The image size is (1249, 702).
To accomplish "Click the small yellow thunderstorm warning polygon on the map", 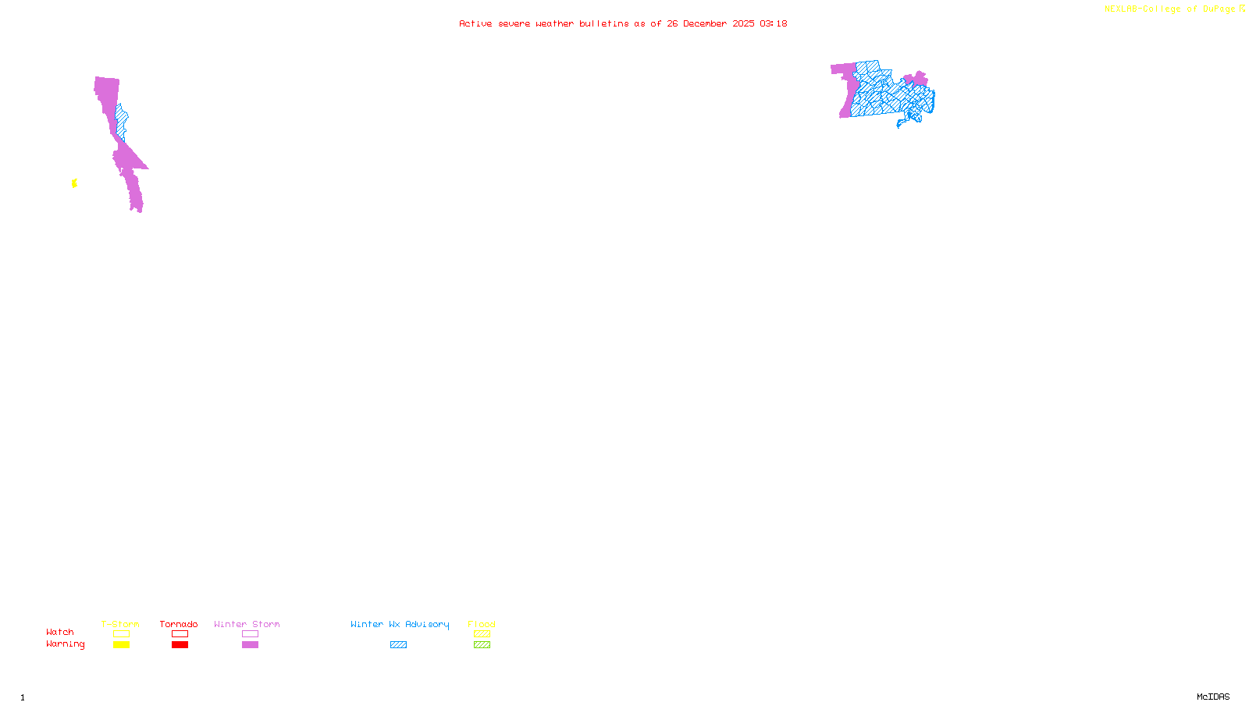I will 74,183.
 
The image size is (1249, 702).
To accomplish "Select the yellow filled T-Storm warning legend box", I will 121,645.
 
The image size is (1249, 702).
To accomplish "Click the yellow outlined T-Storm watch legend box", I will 121,634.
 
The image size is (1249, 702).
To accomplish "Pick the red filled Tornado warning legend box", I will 180,645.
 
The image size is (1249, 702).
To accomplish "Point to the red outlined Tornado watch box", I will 180,634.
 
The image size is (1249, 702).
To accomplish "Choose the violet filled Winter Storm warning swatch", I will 250,645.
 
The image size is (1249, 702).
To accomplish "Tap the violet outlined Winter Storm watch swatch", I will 250,634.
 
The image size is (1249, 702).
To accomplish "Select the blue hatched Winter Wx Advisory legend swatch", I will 398,645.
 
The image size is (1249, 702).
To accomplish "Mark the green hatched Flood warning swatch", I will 482,645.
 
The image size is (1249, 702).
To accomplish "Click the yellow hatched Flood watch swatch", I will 482,634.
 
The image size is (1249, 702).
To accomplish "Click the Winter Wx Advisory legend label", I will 400,624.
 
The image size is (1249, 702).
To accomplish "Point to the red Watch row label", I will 60,633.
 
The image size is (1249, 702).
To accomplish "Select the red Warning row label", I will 65,644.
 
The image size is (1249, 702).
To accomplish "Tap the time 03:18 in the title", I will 773,23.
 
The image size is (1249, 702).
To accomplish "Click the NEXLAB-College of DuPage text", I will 1169,9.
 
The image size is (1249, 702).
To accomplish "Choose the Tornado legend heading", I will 179,624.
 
